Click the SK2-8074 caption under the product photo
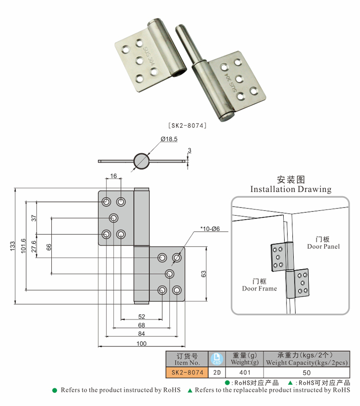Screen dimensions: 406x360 (187, 125)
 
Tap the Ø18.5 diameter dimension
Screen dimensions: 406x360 (169, 139)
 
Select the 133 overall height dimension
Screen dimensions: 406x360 (12, 245)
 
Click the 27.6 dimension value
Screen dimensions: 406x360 (34, 247)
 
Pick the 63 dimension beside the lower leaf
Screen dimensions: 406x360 (204, 274)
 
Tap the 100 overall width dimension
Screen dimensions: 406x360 (141, 343)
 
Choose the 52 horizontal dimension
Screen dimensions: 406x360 (142, 317)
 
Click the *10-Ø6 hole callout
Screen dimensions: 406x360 (210, 229)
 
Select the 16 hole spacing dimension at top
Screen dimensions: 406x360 (114, 176)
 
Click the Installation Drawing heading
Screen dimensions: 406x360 (291, 189)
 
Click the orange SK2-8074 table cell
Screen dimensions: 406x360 (186, 372)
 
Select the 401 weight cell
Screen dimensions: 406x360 (245, 372)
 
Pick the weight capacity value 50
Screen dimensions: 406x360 (307, 372)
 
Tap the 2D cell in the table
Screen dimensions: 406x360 (217, 372)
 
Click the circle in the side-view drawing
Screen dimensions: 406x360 (142, 161)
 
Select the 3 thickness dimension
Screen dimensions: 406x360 (190, 151)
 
